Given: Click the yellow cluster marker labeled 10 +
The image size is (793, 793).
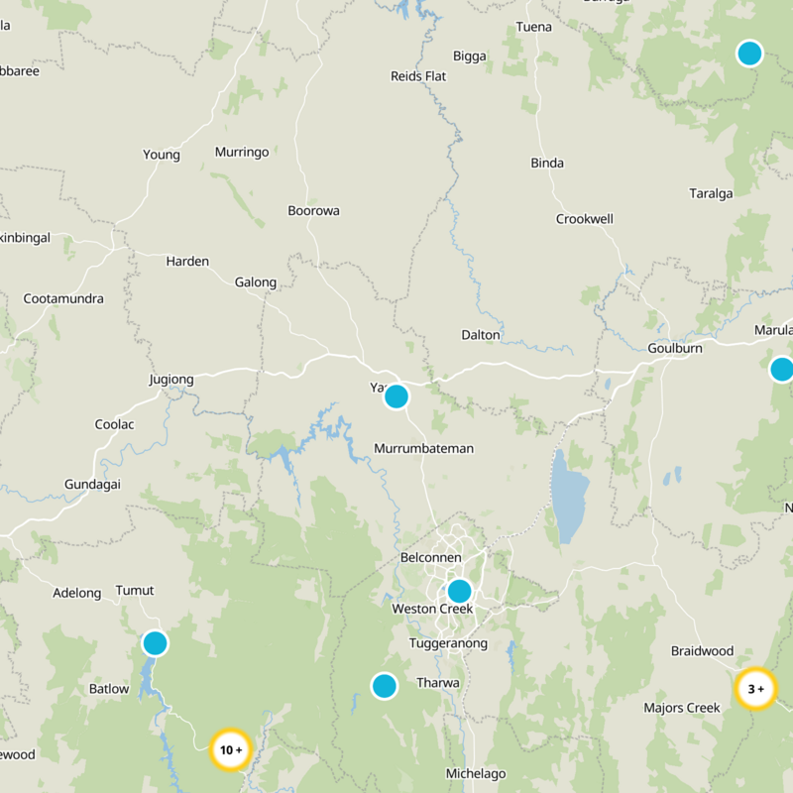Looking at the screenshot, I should (x=231, y=749).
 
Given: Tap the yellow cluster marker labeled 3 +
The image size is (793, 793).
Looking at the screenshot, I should (x=755, y=689).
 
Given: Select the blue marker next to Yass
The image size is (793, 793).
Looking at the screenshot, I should (x=396, y=396).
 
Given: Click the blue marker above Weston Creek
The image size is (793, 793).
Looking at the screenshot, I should (x=459, y=591).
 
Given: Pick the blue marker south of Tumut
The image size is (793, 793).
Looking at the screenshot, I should (x=155, y=643).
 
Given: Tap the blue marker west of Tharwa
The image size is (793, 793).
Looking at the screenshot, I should (x=384, y=685).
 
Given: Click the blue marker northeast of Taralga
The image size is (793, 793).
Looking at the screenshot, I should (x=749, y=53).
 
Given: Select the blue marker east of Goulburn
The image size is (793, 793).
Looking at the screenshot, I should (x=781, y=370).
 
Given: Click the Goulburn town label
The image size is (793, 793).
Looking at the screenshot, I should (x=675, y=349).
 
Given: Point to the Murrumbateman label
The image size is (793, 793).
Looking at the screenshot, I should (x=423, y=449).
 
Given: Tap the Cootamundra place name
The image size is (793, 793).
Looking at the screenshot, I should (x=63, y=298).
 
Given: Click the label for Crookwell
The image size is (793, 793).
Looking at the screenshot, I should (x=585, y=219).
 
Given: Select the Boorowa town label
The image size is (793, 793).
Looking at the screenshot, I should (x=313, y=211).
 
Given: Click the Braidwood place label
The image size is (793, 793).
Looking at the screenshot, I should (x=702, y=651).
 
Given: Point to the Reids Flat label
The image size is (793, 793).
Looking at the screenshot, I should (x=418, y=76).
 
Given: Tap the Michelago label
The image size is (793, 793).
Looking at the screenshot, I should (x=476, y=774).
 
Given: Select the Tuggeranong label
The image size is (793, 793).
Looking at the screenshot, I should (x=449, y=644).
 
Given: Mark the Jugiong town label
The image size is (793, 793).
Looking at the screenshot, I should (x=171, y=380).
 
